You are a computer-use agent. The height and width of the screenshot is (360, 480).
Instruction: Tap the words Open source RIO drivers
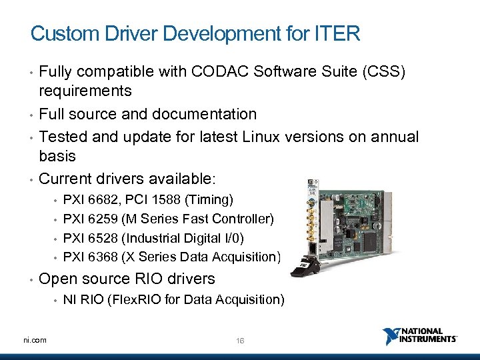coord(127,279)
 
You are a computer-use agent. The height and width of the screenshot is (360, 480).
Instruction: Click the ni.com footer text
coord(34,340)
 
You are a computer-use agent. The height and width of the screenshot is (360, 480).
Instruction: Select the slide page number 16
coord(240,341)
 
